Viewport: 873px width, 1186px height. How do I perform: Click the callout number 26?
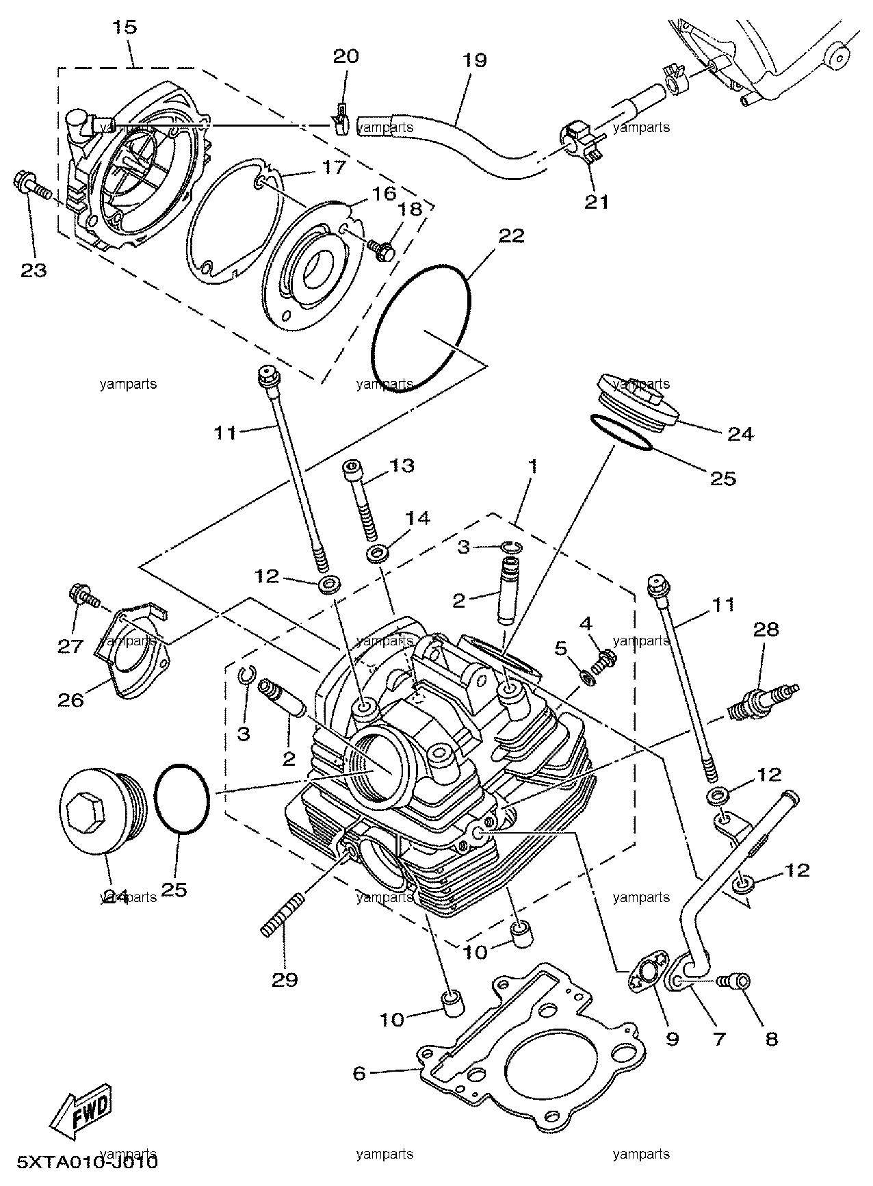coord(71,699)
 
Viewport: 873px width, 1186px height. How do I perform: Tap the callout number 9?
coord(672,1039)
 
